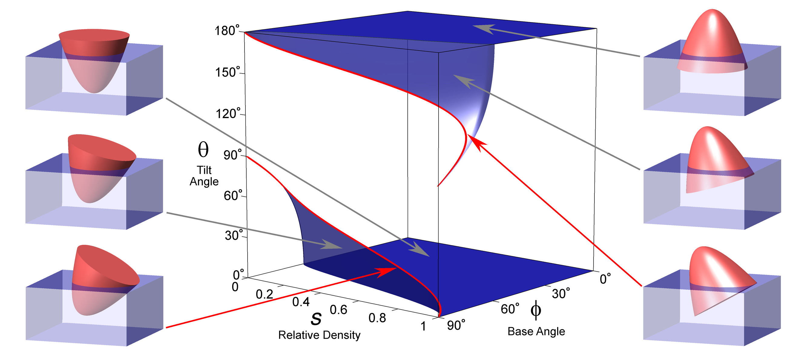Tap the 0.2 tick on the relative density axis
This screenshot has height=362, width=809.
click(264, 294)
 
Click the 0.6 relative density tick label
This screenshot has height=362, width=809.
click(338, 310)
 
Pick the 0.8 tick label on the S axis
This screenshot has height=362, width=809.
click(377, 318)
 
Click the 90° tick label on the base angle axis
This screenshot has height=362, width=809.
click(456, 326)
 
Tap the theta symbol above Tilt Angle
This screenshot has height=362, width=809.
click(203, 150)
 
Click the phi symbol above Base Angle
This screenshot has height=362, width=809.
click(536, 310)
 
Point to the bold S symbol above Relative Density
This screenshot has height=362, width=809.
click(316, 319)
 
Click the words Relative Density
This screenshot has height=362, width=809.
click(319, 335)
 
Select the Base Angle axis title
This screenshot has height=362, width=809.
click(536, 331)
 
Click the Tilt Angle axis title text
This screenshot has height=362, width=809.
click(204, 176)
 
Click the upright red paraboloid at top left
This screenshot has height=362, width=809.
click(94, 60)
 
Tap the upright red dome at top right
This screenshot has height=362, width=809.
click(712, 44)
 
